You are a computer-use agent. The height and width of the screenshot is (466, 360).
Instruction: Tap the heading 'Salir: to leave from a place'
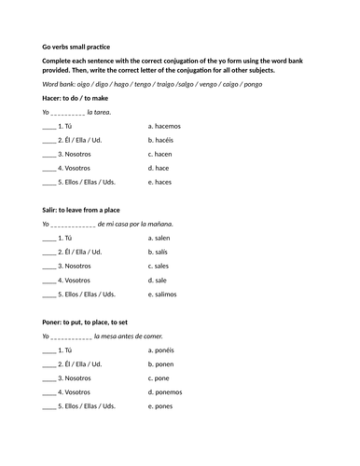[87, 210]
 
